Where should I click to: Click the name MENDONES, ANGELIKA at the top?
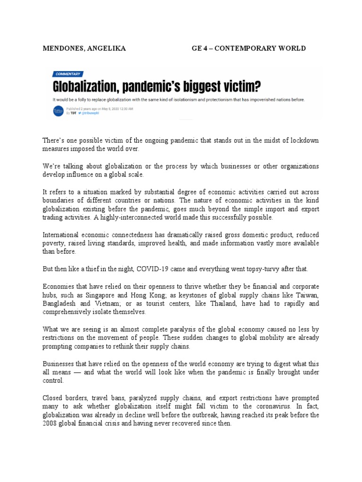(x=84, y=48)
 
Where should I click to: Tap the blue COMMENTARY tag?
(x=68, y=74)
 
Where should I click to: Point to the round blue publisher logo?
(x=58, y=111)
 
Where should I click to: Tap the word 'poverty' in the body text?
(x=54, y=243)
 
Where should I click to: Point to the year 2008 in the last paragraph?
(x=51, y=423)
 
